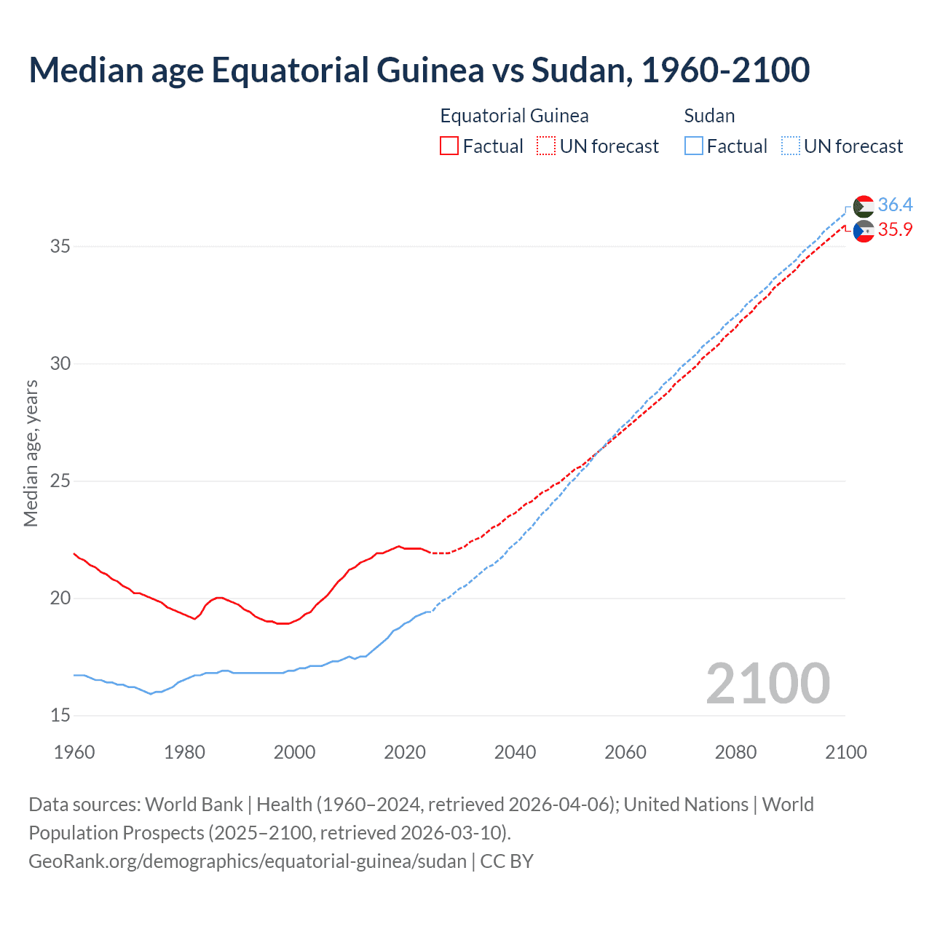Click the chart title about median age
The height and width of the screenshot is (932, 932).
419,70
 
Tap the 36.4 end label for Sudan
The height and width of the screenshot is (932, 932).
895,205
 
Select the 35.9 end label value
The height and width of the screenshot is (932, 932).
895,229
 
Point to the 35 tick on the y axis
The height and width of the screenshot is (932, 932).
60,246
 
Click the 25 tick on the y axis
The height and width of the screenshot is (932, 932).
60,481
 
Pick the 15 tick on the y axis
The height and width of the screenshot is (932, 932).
60,716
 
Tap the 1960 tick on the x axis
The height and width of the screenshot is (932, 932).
74,752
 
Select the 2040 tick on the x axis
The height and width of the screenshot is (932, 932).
515,752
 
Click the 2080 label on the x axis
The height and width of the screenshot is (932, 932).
735,752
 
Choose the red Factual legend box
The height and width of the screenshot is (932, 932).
449,146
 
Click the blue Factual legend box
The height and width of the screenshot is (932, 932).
693,146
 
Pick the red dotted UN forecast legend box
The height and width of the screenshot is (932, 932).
545,146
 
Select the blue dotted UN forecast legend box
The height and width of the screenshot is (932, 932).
790,146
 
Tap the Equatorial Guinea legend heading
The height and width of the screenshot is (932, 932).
514,116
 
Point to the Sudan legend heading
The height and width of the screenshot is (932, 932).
709,116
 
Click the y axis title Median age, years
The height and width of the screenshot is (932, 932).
31,453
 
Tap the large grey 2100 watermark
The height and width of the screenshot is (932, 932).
767,683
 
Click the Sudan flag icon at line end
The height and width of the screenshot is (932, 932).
864,207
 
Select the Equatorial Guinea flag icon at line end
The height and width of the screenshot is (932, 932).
864,232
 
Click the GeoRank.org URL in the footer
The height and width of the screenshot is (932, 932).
248,861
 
